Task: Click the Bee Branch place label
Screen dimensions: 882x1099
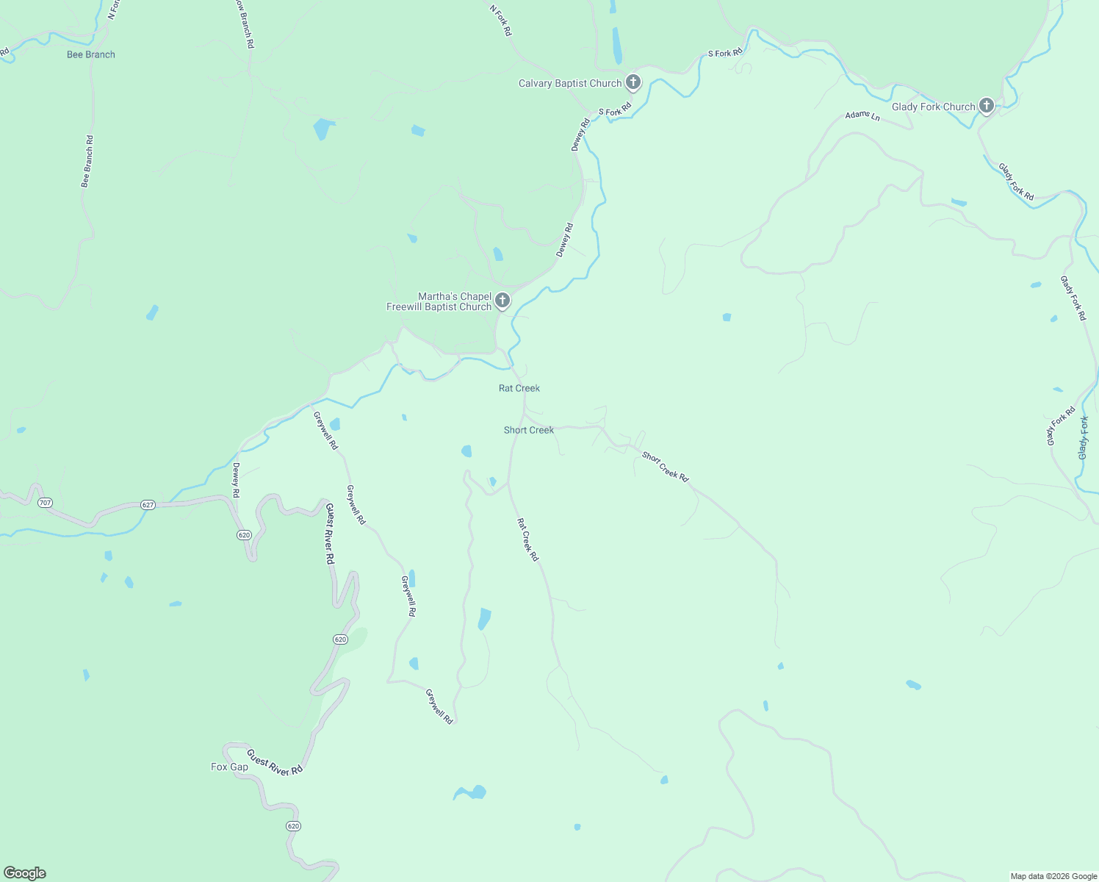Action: coord(91,54)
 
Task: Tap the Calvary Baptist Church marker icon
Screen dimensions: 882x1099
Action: coord(633,82)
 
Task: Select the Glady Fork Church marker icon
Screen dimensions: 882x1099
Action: coord(987,106)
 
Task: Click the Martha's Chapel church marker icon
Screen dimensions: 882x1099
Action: coord(502,300)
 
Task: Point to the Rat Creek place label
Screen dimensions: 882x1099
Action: coord(519,388)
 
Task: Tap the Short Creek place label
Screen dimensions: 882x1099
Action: coord(529,430)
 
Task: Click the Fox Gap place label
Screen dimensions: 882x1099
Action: coord(230,767)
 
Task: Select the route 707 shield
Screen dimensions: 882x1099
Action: coord(46,503)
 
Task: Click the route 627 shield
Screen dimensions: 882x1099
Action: coord(148,505)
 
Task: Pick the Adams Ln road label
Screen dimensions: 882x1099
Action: coord(862,115)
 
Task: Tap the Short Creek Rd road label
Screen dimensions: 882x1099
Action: coord(666,467)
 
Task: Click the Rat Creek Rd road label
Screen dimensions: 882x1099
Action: coord(527,540)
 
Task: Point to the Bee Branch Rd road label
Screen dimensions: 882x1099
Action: coord(87,162)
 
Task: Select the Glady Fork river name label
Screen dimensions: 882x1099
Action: coord(1084,438)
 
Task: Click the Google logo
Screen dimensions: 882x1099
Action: coord(25,873)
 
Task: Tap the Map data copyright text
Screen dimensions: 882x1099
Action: coord(1053,876)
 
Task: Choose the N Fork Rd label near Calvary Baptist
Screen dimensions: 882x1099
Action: coord(501,20)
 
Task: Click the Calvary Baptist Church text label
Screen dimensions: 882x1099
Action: coord(570,83)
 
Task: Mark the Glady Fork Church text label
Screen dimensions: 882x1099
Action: coord(933,107)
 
